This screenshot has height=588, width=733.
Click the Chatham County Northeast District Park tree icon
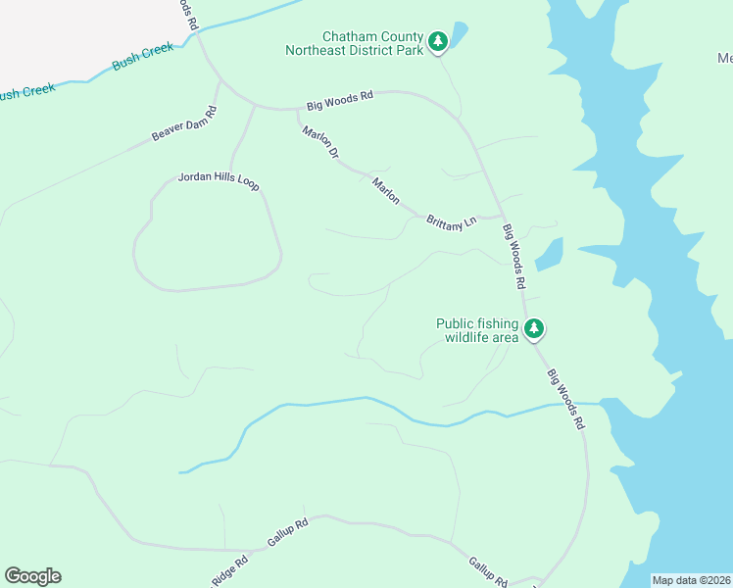click(x=439, y=41)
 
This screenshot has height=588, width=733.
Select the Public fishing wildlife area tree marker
click(x=533, y=329)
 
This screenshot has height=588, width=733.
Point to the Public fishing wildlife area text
click(x=477, y=330)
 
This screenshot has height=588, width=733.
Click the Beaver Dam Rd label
click(x=183, y=123)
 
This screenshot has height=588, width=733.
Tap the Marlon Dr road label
click(x=319, y=143)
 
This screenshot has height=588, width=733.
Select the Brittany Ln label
click(x=451, y=221)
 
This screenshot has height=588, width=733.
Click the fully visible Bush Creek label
click(x=143, y=55)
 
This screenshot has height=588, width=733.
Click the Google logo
click(x=32, y=576)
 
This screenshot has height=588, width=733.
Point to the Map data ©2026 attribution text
click(x=691, y=580)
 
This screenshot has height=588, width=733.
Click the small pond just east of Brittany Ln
click(x=550, y=254)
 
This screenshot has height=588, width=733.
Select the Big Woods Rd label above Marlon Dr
click(x=340, y=99)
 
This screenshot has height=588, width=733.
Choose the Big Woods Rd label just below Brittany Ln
click(x=515, y=257)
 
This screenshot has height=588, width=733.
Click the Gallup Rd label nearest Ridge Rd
click(x=288, y=532)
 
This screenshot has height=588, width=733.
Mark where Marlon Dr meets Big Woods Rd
click(x=298, y=109)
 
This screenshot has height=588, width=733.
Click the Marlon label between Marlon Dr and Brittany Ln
click(x=386, y=190)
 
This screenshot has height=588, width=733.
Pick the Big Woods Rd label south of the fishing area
click(x=565, y=399)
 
